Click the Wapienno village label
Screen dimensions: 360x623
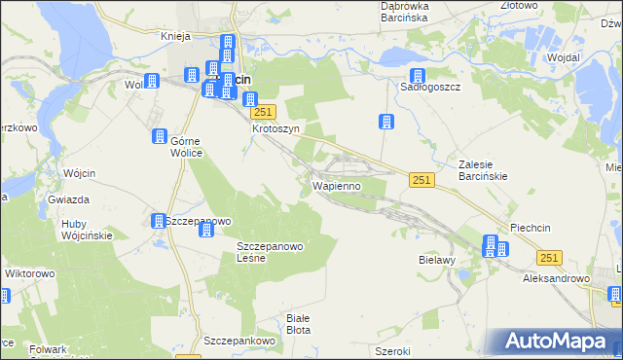click(x=336, y=185)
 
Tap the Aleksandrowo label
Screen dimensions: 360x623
click(x=557, y=278)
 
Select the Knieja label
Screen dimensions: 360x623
click(x=173, y=36)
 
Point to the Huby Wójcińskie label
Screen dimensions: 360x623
click(x=87, y=229)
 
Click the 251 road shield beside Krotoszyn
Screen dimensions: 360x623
click(x=269, y=112)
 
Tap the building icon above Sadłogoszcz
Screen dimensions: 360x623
click(x=417, y=76)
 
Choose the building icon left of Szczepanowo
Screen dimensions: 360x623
click(x=158, y=221)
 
